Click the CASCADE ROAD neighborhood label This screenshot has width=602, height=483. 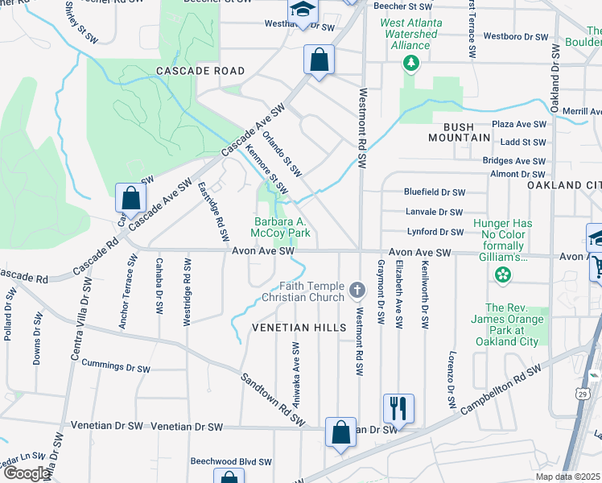(x=200, y=71)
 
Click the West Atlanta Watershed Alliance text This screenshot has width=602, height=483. (x=410, y=34)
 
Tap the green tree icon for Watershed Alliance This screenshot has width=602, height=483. (x=411, y=63)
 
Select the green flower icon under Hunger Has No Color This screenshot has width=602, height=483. (x=503, y=275)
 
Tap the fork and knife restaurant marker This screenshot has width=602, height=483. (x=398, y=408)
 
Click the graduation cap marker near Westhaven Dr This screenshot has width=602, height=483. (x=303, y=11)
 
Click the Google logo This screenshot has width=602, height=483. (x=27, y=473)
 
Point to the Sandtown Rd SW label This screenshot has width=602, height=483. (x=274, y=398)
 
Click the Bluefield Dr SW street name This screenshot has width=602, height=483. (x=435, y=192)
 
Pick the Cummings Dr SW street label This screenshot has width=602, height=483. (x=116, y=367)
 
